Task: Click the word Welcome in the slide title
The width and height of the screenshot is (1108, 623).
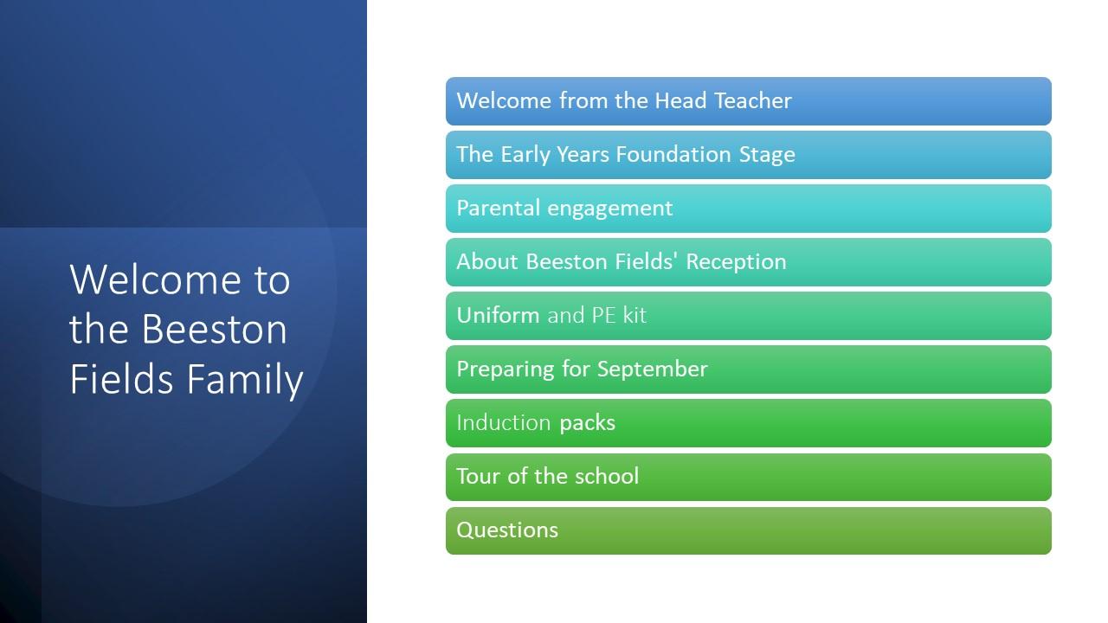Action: pyautogui.click(x=155, y=279)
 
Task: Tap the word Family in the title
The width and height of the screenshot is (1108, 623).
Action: pyautogui.click(x=245, y=380)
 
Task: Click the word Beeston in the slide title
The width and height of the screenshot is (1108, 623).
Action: pyautogui.click(x=214, y=329)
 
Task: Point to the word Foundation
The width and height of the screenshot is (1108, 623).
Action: pyautogui.click(x=673, y=154)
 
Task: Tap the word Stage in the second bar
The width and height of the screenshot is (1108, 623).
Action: pyautogui.click(x=767, y=155)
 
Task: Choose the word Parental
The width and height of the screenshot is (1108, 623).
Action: pyautogui.click(x=498, y=208)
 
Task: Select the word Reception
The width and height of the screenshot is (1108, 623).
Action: pyautogui.click(x=736, y=262)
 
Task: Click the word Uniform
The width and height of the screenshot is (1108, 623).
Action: pyautogui.click(x=498, y=315)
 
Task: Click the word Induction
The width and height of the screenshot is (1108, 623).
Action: pyautogui.click(x=504, y=423)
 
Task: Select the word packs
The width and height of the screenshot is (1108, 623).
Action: pyautogui.click(x=587, y=424)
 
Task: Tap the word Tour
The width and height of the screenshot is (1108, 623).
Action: pyautogui.click(x=479, y=476)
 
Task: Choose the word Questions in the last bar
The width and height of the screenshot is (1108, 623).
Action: pyautogui.click(x=507, y=530)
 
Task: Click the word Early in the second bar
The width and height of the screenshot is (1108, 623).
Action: pyautogui.click(x=525, y=155)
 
